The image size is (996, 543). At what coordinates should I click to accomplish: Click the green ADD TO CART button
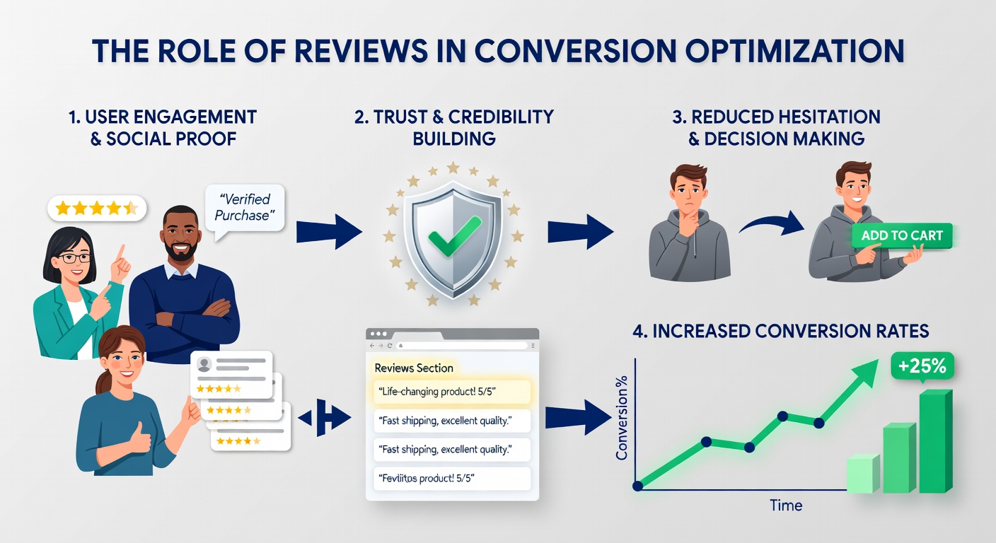coord(902,235)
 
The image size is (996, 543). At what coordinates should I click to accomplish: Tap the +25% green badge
coord(922,366)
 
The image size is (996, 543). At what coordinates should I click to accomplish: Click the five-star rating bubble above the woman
coord(96,208)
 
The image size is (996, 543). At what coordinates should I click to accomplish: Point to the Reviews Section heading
coord(413,368)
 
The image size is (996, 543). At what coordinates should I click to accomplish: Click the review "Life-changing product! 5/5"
coord(451,392)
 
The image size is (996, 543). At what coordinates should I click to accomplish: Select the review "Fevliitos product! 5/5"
coord(451,479)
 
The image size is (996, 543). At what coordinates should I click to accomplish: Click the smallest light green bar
coord(862,474)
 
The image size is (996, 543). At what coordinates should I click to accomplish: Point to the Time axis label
coord(786,506)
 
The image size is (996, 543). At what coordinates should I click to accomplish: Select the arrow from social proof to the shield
coord(328,232)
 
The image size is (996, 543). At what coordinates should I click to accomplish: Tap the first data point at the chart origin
coord(637,486)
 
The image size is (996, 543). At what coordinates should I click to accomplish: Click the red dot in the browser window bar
coord(373,334)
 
